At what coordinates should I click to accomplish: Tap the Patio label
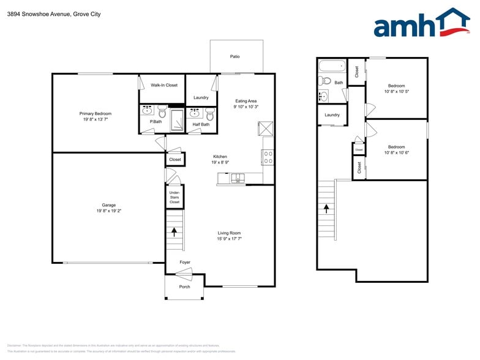pos(235,56)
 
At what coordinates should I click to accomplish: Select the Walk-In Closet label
pos(164,85)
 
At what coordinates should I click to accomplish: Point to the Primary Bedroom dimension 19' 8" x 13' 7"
pos(95,119)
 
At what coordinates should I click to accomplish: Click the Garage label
pos(108,205)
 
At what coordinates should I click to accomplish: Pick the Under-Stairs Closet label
pos(174,197)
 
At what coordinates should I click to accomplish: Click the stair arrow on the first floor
pos(174,231)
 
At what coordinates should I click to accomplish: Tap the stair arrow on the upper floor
pos(326,208)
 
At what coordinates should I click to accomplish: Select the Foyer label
pos(185,262)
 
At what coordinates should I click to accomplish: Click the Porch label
pos(184,287)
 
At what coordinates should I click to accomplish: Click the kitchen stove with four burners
pos(268,157)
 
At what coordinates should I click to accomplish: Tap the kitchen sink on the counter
pos(237,179)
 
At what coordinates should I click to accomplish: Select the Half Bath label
pos(201,124)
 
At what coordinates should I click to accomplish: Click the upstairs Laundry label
pos(332,114)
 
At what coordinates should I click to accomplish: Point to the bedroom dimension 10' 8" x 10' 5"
pos(396,92)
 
